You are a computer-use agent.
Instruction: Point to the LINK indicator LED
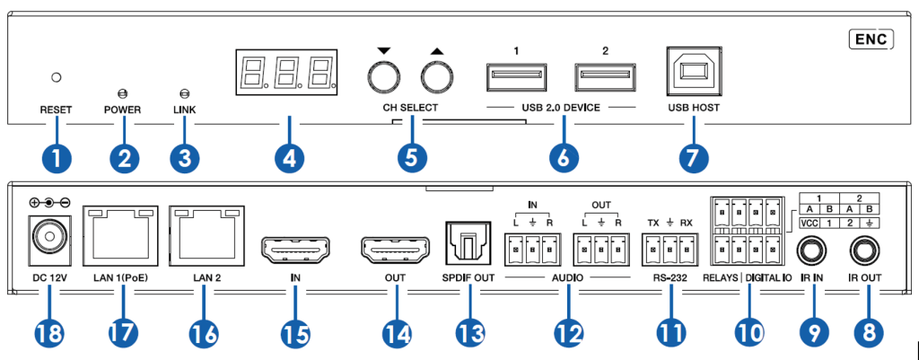pos(185,92)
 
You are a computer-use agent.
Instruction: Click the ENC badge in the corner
pos(871,39)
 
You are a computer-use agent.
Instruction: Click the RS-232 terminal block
pos(667,245)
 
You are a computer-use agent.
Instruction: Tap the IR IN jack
pos(814,249)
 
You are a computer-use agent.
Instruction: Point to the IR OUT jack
pos(867,249)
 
